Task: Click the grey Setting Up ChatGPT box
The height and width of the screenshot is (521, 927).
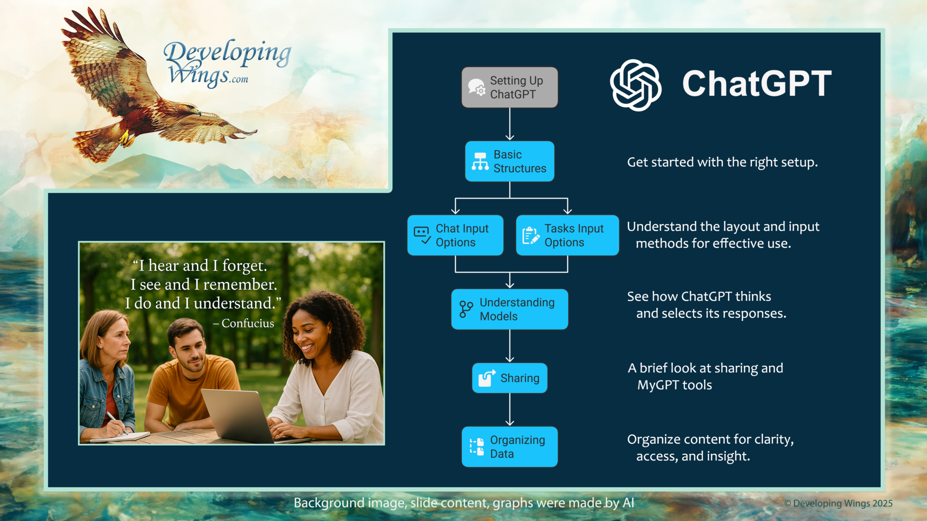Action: [x=509, y=87]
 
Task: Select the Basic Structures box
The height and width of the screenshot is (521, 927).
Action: [x=509, y=161]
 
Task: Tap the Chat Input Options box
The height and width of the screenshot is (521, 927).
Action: [x=455, y=235]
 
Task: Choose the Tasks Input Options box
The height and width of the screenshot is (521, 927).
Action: [x=567, y=235]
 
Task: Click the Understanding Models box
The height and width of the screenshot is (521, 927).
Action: [x=509, y=309]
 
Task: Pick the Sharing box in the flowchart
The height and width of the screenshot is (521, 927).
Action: [x=509, y=378]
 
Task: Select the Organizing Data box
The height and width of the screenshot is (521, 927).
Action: [x=509, y=447]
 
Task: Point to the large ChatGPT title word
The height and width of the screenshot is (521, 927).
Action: [x=757, y=84]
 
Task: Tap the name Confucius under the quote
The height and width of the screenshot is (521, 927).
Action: [x=248, y=323]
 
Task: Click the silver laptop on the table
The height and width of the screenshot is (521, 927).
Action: [x=240, y=415]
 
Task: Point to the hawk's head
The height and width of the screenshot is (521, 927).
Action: [x=192, y=109]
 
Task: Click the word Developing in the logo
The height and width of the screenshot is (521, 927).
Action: [x=227, y=53]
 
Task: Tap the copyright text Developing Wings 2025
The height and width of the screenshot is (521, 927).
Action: [x=838, y=503]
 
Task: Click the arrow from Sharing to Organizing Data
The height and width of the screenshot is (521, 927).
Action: [x=510, y=409]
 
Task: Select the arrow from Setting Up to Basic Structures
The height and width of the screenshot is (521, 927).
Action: [x=510, y=124]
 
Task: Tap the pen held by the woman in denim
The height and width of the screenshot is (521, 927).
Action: [x=116, y=422]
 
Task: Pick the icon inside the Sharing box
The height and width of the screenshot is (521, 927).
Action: [x=487, y=378]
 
